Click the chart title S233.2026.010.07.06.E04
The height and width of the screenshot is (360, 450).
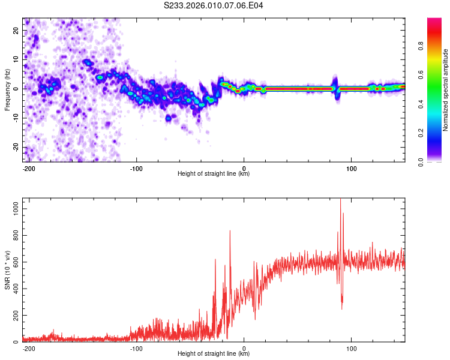point(214,5)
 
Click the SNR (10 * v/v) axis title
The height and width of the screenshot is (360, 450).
point(7,270)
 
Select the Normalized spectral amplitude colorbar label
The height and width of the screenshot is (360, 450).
point(446,90)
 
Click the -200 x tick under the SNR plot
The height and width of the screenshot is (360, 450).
point(28,348)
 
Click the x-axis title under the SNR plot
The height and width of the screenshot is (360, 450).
point(214,354)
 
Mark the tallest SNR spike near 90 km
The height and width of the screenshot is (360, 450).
point(341,200)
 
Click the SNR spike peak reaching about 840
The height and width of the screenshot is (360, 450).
point(230,231)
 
